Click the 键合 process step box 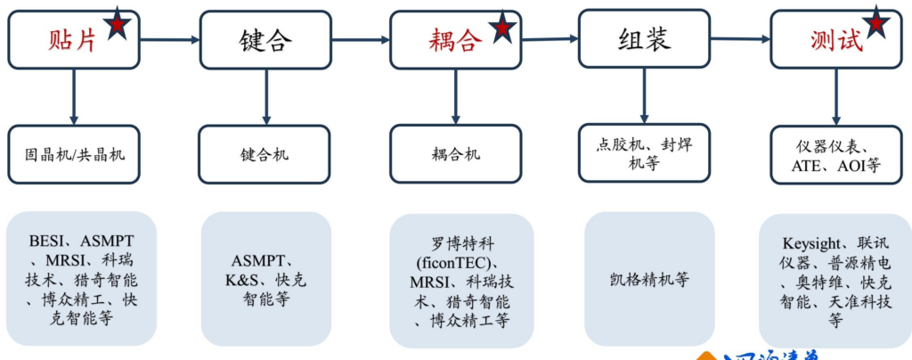coord(265,40)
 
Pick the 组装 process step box coord(644,38)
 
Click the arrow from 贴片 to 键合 coord(169,39)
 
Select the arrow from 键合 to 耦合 coord(361,40)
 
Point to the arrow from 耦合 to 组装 coord(550,38)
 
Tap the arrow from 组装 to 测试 coord(740,38)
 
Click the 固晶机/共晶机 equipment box coord(75,154)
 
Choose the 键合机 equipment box coord(265,154)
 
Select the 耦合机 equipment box coord(456,154)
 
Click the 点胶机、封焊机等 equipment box coord(644,154)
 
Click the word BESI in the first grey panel coord(48,240)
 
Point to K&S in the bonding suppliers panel coord(239,279)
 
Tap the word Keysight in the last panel coord(813,242)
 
